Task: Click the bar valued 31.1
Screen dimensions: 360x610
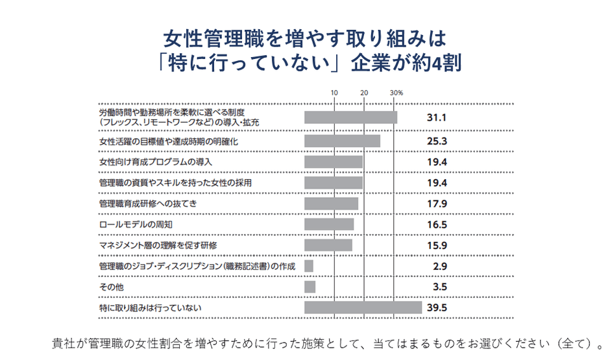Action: (x=350, y=117)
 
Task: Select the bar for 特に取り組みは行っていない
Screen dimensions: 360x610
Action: (x=363, y=307)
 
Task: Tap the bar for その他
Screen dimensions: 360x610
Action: (x=310, y=287)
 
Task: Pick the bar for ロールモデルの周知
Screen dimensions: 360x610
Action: (x=329, y=224)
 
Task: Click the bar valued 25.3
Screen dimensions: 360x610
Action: (x=342, y=141)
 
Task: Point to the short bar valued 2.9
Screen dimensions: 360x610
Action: (x=309, y=266)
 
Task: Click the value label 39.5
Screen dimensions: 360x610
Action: (x=437, y=307)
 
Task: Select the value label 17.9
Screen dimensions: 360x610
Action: (x=437, y=204)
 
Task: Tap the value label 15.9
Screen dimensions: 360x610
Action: (x=437, y=245)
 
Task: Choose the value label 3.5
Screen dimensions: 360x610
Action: (x=440, y=287)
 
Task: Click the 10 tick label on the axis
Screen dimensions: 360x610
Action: (x=334, y=93)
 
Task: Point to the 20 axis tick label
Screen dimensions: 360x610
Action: (x=365, y=93)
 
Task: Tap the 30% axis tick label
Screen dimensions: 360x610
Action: (x=396, y=93)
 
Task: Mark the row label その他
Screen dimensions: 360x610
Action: (x=111, y=287)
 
